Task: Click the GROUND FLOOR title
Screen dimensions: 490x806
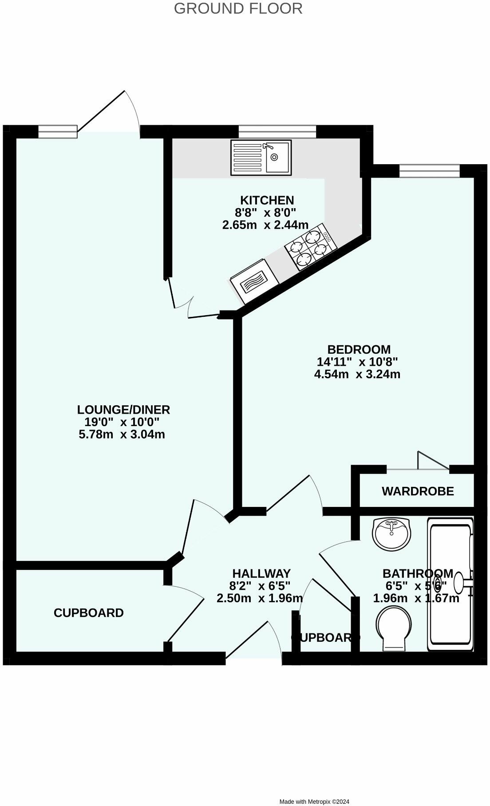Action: click(238, 8)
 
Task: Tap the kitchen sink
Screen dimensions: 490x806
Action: click(261, 157)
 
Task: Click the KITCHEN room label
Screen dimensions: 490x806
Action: click(267, 200)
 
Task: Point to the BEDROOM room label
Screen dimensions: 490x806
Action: click(359, 349)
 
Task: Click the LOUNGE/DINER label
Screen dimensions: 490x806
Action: click(123, 409)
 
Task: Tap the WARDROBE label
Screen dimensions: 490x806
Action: click(418, 491)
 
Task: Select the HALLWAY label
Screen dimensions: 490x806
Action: click(261, 573)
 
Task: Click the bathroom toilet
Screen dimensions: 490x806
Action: click(394, 628)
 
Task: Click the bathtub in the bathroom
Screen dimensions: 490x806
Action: click(450, 584)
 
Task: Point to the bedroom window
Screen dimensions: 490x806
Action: click(429, 170)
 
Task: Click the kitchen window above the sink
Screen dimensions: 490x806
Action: click(277, 132)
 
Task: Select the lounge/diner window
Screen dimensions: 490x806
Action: click(58, 131)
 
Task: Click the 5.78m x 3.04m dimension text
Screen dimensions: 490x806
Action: click(122, 435)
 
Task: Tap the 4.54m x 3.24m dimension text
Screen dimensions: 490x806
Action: click(357, 374)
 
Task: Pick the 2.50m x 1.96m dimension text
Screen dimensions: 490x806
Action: click(260, 598)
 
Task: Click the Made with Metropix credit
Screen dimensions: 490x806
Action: click(314, 802)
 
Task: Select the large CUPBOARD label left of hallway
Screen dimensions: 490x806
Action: click(89, 613)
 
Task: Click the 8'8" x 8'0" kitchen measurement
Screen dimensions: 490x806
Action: click(265, 213)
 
